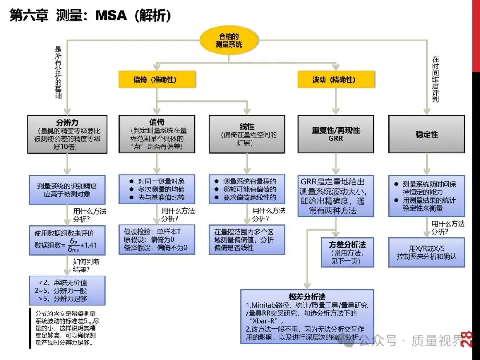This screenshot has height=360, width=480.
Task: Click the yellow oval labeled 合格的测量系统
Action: click(x=228, y=40)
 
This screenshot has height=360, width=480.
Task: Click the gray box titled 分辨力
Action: click(x=67, y=134)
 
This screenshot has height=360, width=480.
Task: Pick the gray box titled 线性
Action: click(x=247, y=134)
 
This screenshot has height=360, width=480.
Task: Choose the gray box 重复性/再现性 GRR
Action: click(x=336, y=134)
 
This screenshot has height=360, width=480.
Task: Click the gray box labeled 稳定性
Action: click(x=426, y=134)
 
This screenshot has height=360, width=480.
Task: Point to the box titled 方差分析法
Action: click(x=347, y=252)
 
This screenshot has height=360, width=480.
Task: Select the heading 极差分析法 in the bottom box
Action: click(x=307, y=296)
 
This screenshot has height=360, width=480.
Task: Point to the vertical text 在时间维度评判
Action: click(x=436, y=79)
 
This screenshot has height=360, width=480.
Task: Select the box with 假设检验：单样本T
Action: click(x=156, y=239)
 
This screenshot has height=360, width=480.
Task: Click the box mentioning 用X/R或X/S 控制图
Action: click(x=426, y=252)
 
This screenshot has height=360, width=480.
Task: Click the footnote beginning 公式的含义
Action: click(x=67, y=327)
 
